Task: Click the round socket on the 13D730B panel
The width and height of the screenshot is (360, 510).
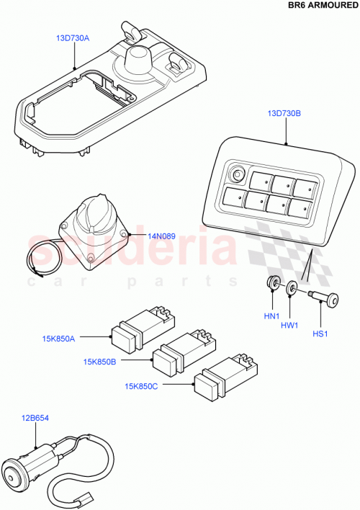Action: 235,174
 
